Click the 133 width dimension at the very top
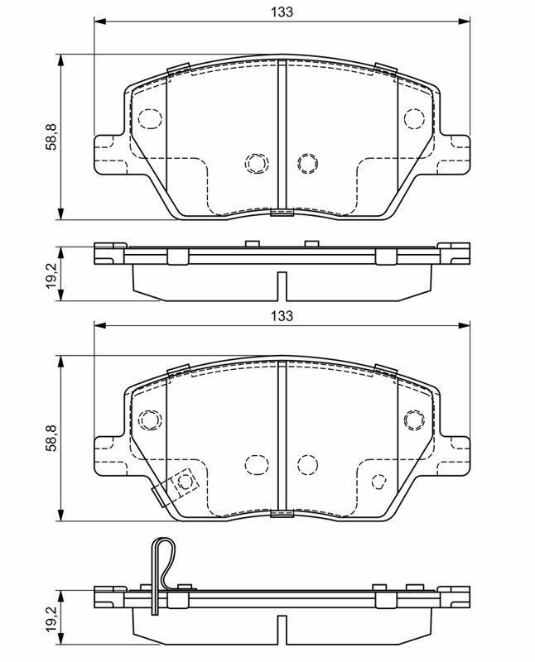[282, 12]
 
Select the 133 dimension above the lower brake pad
[282, 316]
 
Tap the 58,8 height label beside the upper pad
[51, 137]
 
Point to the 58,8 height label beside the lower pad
[51, 439]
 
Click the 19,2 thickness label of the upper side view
[51, 275]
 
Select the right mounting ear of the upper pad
[455, 154]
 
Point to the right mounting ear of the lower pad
[455, 456]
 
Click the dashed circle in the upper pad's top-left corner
[150, 118]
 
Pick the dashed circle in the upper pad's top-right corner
[414, 118]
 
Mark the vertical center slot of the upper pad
[282, 137]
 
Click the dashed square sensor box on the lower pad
[184, 482]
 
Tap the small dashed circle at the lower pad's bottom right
[378, 482]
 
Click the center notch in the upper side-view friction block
[282, 286]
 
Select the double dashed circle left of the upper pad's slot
[257, 163]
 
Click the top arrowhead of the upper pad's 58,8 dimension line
[61, 60]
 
